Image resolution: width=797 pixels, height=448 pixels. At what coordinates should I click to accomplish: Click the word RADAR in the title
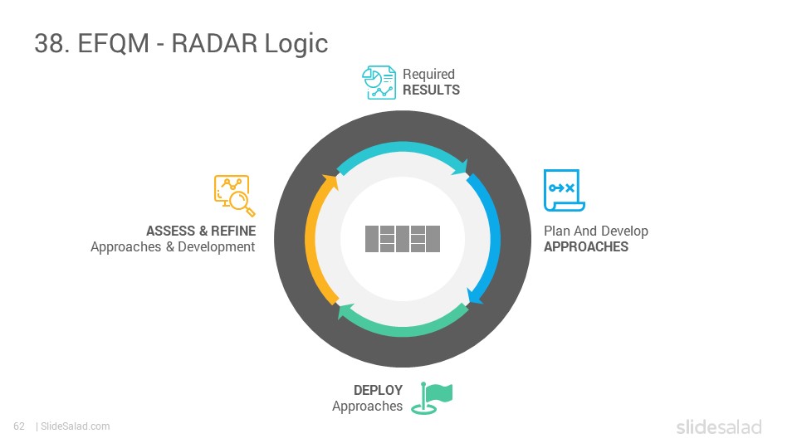coord(214,42)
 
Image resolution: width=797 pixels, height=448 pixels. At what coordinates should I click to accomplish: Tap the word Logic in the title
coord(296,44)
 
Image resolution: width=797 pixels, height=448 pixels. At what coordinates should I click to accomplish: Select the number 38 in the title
coord(49,43)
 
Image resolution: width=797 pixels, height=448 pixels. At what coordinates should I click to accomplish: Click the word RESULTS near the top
coord(431,90)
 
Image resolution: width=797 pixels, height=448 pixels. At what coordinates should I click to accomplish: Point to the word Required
coord(428,74)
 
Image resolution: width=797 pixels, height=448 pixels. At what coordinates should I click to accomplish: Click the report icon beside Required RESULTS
coord(379,82)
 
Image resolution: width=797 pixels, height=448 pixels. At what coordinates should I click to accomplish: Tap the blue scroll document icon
coord(565,190)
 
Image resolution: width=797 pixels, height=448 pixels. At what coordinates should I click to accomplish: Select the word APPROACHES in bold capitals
coord(586,247)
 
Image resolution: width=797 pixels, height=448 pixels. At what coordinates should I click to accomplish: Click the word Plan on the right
coord(557,231)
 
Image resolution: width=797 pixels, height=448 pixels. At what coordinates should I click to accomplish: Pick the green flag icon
coord(432,398)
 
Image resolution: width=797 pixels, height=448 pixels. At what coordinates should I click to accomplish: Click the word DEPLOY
coord(378,390)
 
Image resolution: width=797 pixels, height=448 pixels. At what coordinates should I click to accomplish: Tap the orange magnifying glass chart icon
coord(234,196)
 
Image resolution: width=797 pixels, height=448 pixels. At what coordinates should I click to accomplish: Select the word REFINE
coord(233,231)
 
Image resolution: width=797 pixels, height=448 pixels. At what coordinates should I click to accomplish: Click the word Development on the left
coord(216,247)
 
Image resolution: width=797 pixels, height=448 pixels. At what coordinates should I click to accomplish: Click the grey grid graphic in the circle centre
coord(403,239)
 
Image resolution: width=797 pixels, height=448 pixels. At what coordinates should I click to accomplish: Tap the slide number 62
coord(19,426)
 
